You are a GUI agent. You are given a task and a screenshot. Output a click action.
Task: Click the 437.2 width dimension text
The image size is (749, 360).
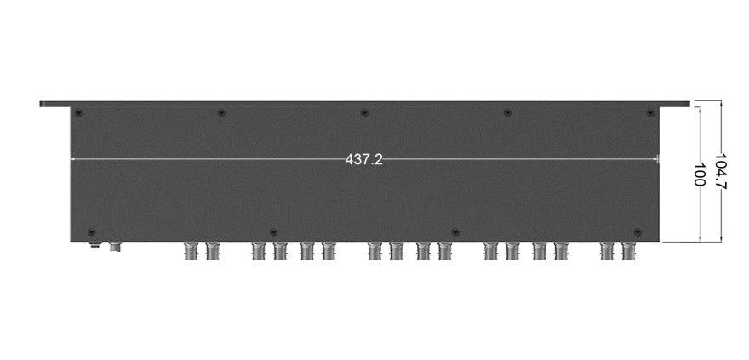pos(364,159)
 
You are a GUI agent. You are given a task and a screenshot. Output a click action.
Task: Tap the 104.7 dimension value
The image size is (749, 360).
pos(720,171)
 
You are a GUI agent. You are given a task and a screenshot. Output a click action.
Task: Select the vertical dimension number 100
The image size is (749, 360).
pos(700,174)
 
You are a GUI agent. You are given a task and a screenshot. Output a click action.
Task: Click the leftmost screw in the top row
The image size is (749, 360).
pos(79,113)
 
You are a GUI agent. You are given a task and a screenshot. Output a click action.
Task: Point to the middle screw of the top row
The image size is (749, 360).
pos(364,112)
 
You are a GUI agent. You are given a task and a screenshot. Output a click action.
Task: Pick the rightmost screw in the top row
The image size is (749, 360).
pos(649,112)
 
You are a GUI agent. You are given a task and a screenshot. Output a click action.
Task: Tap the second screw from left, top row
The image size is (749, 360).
pos(221,112)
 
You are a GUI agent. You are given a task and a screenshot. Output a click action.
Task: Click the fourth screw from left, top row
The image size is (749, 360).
pos(507,112)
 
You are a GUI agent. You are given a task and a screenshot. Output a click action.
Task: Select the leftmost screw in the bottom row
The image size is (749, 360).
pos(92,232)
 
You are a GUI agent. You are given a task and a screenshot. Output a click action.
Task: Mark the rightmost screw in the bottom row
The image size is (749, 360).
pos(638,232)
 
